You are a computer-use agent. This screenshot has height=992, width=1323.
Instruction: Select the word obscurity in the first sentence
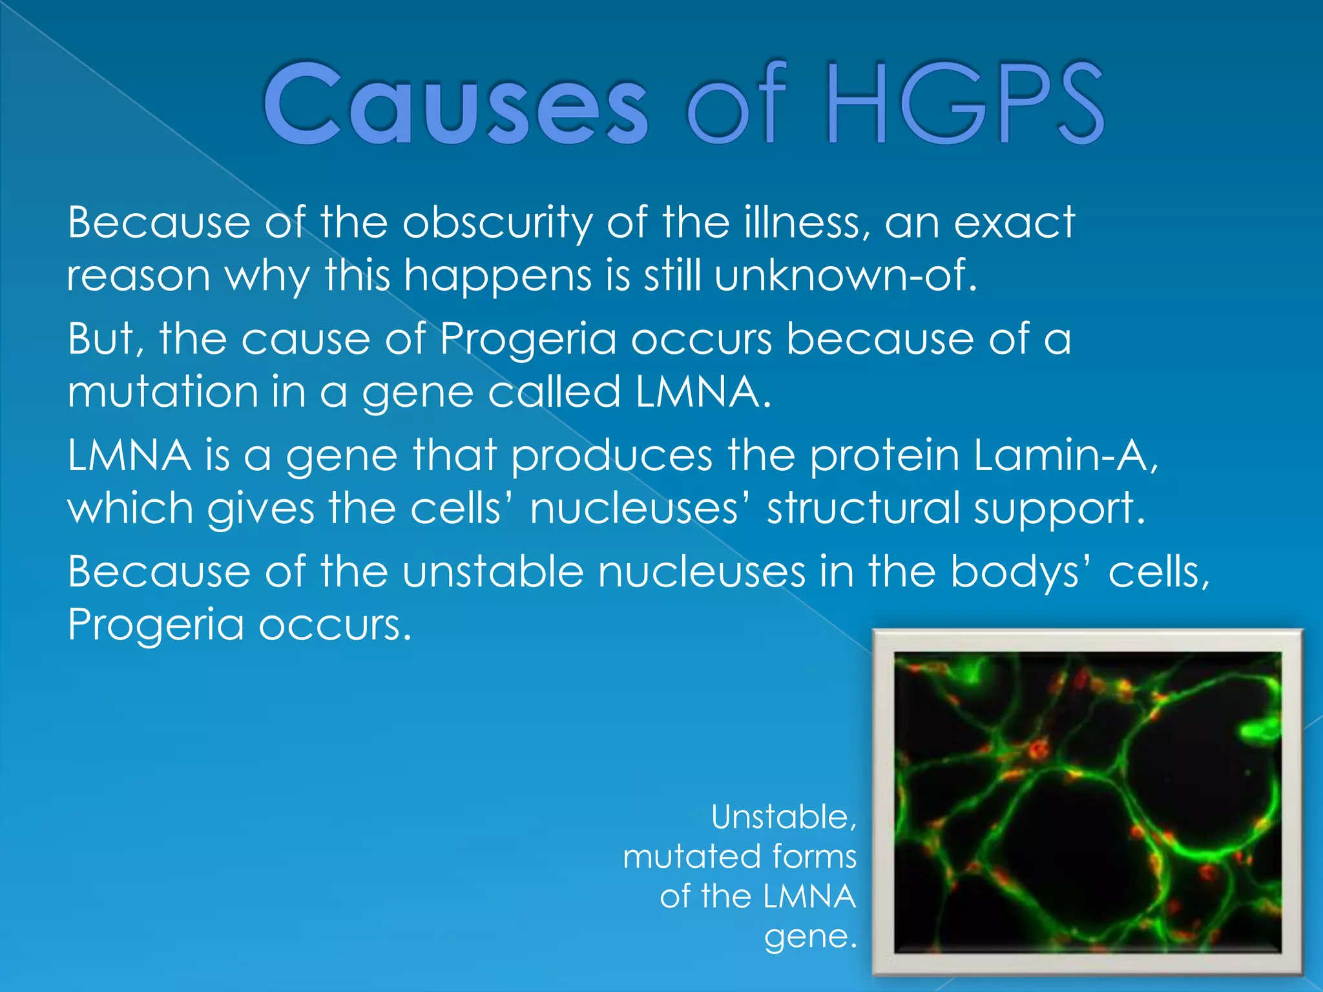[x=497, y=223]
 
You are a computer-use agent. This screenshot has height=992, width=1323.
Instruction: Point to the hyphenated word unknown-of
[x=846, y=276]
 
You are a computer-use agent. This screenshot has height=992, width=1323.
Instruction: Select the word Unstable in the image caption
[x=784, y=818]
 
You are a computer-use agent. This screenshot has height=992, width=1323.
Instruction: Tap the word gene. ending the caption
[x=810, y=936]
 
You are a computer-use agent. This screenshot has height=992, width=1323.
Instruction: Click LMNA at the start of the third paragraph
[x=129, y=455]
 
